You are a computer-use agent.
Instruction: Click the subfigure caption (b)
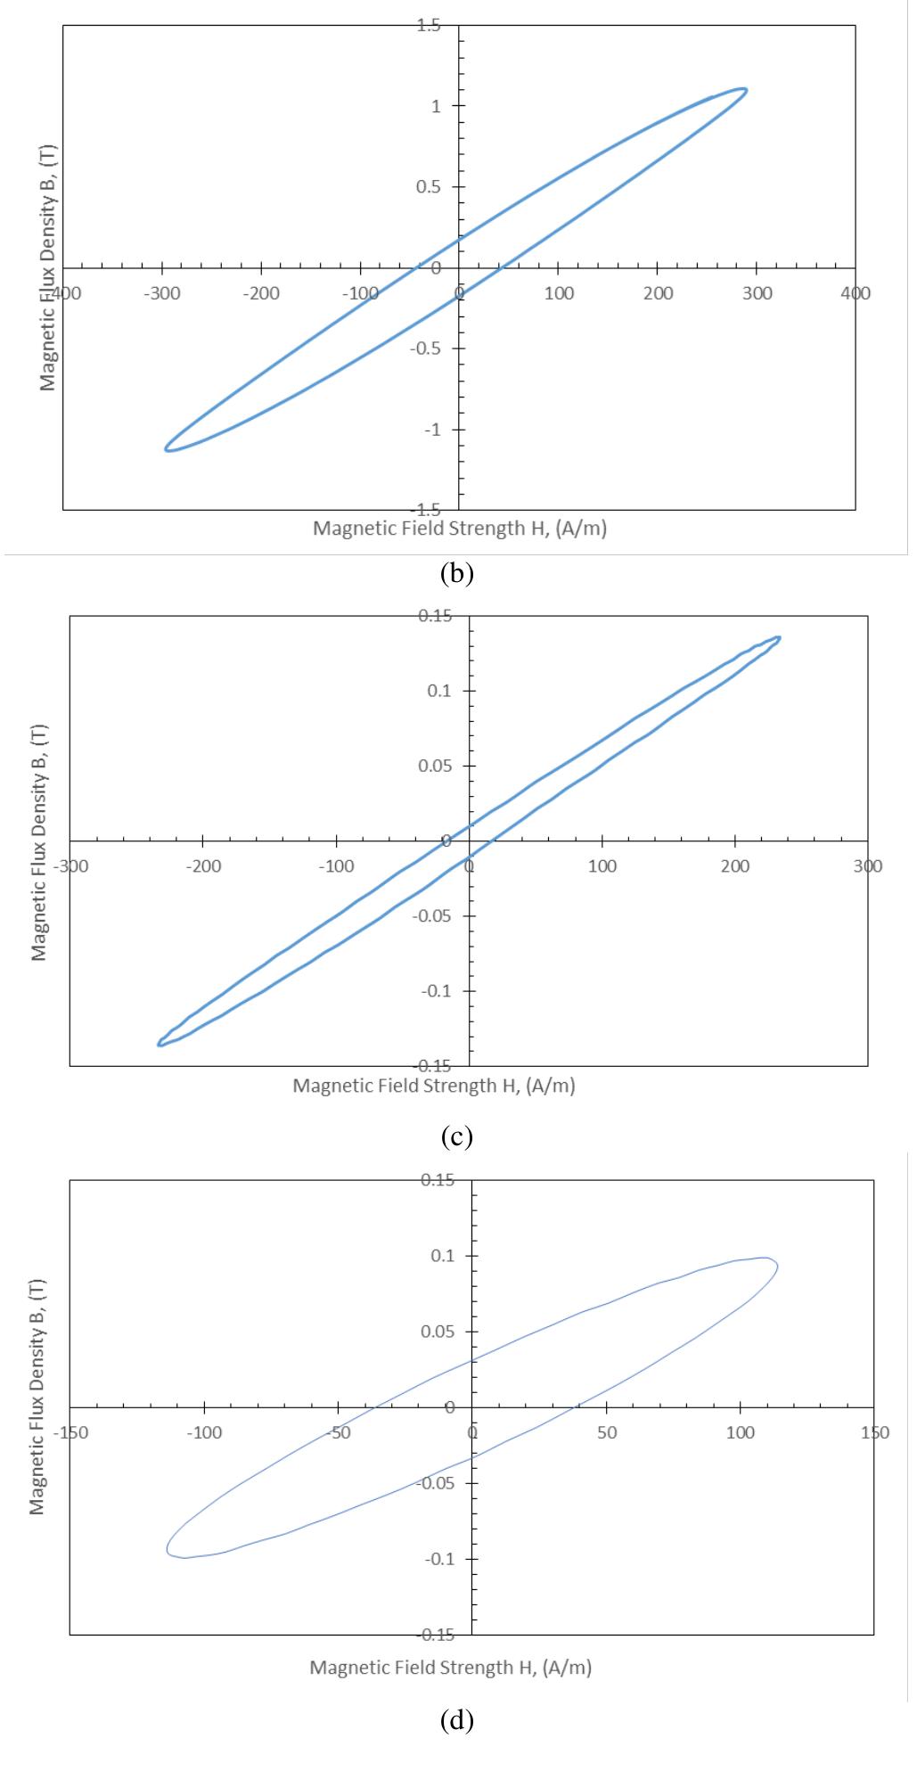456,573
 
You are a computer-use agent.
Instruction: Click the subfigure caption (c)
456,1136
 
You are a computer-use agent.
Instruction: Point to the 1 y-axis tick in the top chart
435,106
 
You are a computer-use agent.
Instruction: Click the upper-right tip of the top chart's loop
745,90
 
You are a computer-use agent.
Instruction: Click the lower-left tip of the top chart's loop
168,449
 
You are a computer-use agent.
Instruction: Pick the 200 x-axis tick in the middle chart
735,866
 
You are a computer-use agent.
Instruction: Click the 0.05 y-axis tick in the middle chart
437,766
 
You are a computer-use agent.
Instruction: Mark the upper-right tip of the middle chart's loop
780,637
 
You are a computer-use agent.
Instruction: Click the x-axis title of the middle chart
434,1086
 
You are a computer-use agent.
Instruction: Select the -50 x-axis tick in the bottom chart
338,1433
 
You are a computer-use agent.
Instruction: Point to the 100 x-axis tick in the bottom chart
741,1433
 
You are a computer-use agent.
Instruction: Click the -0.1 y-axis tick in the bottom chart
437,1559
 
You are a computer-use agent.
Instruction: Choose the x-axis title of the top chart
459,529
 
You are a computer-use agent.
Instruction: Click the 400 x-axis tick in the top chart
856,294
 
